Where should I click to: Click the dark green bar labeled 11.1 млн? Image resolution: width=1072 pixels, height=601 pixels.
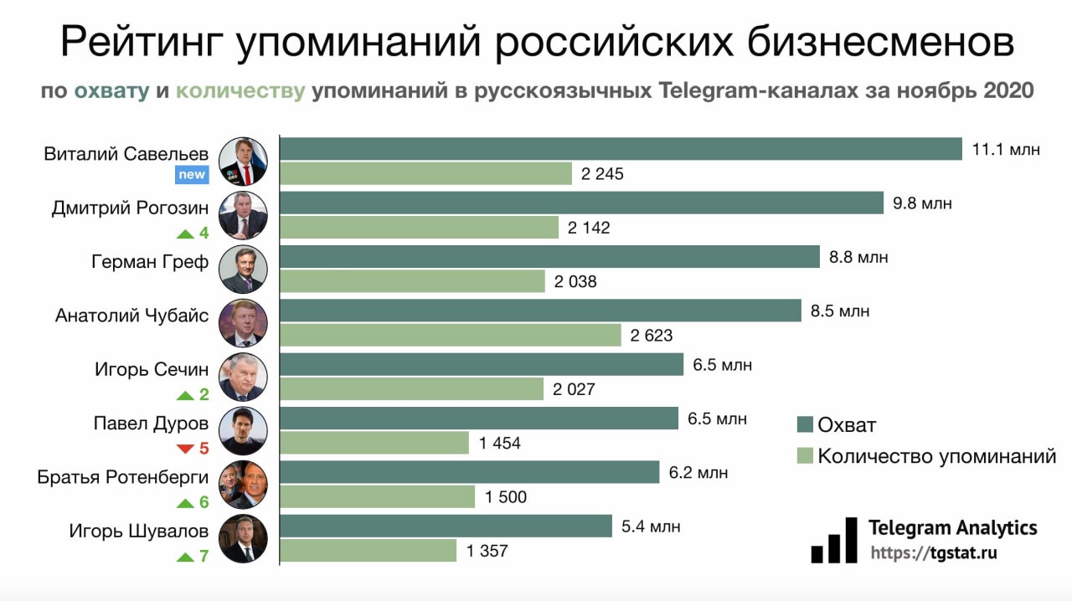[620, 149]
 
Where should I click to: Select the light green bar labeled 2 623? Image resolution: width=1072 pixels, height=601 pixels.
[450, 335]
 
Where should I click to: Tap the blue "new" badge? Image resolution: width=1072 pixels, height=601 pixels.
[191, 175]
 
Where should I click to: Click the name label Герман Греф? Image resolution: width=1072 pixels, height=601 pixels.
[150, 262]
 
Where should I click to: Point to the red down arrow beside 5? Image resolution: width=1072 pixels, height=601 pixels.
[185, 449]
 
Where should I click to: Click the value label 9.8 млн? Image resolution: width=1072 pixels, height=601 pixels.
[922, 203]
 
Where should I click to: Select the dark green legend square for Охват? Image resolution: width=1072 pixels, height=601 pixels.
[805, 424]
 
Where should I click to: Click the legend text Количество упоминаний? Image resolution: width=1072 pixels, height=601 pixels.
[936, 456]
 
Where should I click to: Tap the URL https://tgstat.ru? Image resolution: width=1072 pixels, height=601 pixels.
[934, 553]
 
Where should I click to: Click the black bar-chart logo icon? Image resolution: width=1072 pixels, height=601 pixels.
[834, 540]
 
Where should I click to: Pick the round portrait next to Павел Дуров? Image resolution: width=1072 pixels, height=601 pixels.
[243, 431]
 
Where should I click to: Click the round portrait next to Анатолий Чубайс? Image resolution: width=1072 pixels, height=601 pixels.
[243, 323]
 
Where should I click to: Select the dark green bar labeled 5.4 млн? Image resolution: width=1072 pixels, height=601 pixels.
[446, 526]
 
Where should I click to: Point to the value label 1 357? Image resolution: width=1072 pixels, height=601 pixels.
[487, 552]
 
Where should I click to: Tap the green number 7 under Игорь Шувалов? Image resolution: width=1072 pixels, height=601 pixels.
[204, 556]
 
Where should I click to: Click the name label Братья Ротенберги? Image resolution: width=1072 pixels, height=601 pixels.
[123, 477]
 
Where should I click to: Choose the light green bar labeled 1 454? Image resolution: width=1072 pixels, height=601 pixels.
[374, 443]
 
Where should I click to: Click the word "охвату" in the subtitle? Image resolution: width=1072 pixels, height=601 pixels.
[112, 90]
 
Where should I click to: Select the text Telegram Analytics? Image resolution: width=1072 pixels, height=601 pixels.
[953, 528]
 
